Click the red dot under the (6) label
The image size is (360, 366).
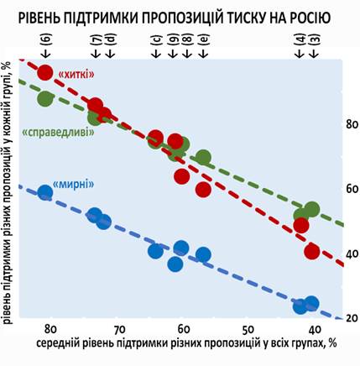tap(45, 73)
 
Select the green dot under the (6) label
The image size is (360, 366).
tap(45, 98)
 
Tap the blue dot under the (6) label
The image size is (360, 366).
tap(45, 193)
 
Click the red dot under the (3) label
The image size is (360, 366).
tap(312, 251)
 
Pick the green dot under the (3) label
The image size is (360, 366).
tap(312, 209)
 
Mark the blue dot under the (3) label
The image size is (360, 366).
tap(312, 303)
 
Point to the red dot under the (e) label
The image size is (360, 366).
tap(203, 189)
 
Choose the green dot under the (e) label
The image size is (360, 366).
tap(203, 159)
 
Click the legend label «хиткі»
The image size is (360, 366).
tap(76, 75)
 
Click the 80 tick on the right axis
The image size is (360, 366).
tap(330, 124)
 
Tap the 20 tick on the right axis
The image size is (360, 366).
tap(330, 318)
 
